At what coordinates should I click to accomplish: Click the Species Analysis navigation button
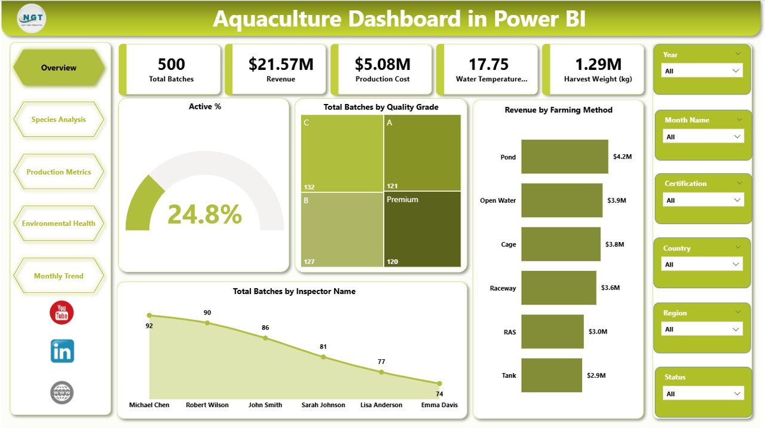pyautogui.click(x=59, y=120)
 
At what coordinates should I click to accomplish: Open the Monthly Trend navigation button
pyautogui.click(x=59, y=276)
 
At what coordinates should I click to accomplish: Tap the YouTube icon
pyautogui.click(x=62, y=313)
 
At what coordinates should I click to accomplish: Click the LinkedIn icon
pyautogui.click(x=62, y=351)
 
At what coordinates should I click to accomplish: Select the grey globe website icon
pyautogui.click(x=62, y=393)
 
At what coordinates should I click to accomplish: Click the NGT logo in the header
pyautogui.click(x=32, y=19)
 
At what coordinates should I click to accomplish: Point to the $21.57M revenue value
pyautogui.click(x=281, y=65)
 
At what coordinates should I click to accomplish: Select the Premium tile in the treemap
pyautogui.click(x=422, y=229)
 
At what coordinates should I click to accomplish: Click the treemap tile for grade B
pyautogui.click(x=341, y=229)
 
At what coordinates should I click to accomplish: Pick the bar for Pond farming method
pyautogui.click(x=564, y=157)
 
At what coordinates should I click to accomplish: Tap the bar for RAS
pyautogui.click(x=552, y=332)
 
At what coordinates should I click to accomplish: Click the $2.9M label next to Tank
pyautogui.click(x=596, y=375)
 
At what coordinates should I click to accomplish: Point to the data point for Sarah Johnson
pyautogui.click(x=323, y=357)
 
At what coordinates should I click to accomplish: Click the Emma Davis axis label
pyautogui.click(x=439, y=405)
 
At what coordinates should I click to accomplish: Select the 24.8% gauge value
pyautogui.click(x=204, y=214)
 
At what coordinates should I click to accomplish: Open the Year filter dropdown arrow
pyautogui.click(x=736, y=71)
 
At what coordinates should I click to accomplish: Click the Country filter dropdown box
pyautogui.click(x=702, y=264)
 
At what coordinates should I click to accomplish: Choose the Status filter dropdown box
pyautogui.click(x=702, y=394)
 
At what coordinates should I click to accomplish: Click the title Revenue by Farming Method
pyautogui.click(x=558, y=110)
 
